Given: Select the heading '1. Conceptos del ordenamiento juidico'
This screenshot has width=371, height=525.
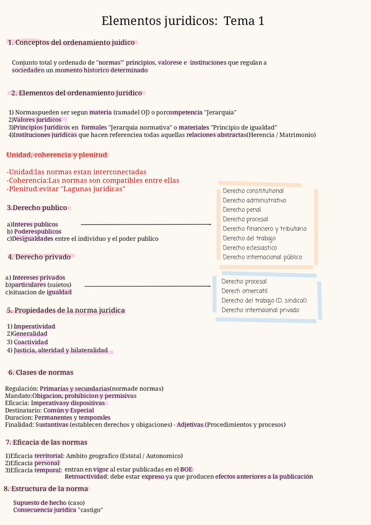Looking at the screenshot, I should [72, 43].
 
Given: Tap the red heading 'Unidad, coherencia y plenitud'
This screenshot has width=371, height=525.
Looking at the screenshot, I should [57, 155].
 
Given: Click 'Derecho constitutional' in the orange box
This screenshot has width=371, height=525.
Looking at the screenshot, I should [253, 191].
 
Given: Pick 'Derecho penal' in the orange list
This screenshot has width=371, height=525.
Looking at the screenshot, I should [242, 210].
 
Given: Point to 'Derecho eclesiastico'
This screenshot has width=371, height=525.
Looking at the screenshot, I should [250, 248].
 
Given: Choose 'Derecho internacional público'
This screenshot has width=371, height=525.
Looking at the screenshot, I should [262, 257].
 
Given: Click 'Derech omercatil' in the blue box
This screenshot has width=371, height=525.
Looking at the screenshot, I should [245, 291].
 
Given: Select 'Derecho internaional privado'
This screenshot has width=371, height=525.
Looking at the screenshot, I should [260, 310].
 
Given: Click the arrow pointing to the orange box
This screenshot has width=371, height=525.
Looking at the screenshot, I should [146, 224].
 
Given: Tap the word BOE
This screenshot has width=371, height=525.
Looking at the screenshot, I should [186, 469].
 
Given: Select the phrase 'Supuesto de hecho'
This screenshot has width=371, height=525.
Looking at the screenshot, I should [40, 502].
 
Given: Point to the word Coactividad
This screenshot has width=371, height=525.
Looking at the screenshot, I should [30, 342].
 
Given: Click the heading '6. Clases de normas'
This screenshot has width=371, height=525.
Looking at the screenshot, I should [40, 373].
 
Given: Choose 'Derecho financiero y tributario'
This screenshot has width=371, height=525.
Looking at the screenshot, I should [264, 229].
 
